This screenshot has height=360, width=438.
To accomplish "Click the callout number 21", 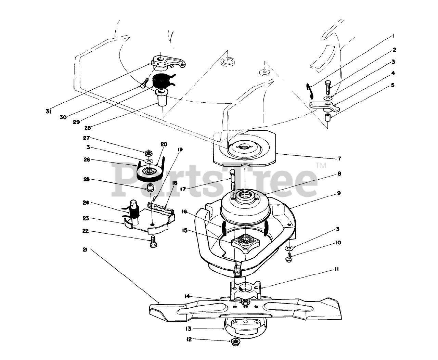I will (85, 249).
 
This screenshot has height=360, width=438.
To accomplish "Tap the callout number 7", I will (339, 158).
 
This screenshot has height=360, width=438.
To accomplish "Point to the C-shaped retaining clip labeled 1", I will (309, 90).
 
